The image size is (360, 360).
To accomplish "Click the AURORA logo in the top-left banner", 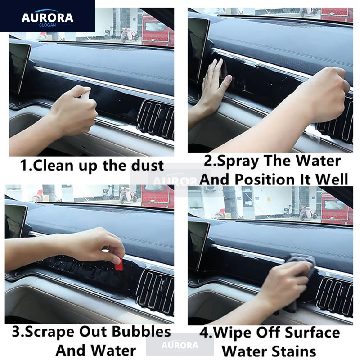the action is pos(47,17).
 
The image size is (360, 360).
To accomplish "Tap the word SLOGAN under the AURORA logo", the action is pos(47,25).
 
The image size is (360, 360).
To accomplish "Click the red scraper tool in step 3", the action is pos(119,264).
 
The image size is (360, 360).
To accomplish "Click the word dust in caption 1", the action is pos(148,165).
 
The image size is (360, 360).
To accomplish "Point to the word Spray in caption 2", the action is pos(238,161).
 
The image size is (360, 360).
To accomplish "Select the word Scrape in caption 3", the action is pos(49,332).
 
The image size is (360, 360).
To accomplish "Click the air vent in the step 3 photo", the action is pos(155,290).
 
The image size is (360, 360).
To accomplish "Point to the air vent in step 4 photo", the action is pos(335,296).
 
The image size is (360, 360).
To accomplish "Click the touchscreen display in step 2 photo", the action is pos(198,49).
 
